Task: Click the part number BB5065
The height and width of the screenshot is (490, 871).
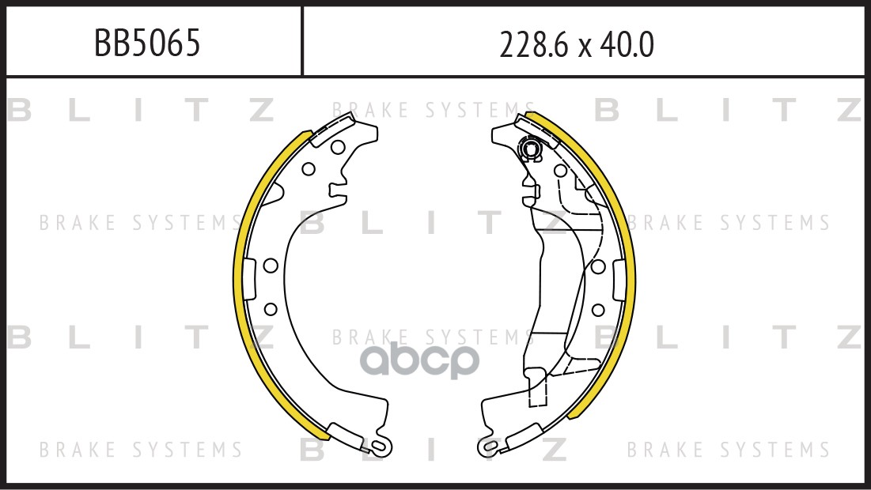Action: coord(147,44)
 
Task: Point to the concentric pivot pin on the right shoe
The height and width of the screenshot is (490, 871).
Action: coord(528,148)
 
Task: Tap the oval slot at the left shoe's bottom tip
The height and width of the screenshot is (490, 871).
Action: coord(377,447)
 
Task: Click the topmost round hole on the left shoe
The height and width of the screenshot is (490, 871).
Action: coord(337,146)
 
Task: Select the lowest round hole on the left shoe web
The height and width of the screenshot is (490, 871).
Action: coord(269,307)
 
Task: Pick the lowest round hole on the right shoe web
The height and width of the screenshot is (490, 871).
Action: coord(598,307)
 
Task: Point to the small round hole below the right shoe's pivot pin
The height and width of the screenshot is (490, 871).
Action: coord(560,170)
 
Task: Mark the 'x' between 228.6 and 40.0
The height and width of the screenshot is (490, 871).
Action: coord(585,49)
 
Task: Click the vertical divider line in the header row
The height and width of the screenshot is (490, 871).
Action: coord(302,42)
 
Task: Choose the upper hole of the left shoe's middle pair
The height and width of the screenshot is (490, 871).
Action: coord(269,266)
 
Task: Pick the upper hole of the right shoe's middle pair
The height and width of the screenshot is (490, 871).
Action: coord(598,266)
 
